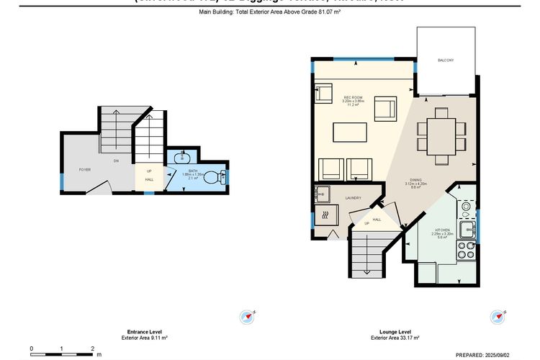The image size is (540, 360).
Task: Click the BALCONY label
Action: (446, 60)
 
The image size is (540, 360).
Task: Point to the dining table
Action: (441, 132)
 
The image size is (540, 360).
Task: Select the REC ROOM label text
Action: (352, 97)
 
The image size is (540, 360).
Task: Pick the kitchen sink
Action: (467, 230)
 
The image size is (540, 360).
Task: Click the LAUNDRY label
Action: (352, 198)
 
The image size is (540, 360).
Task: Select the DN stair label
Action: (116, 161)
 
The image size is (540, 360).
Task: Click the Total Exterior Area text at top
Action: (270, 12)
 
